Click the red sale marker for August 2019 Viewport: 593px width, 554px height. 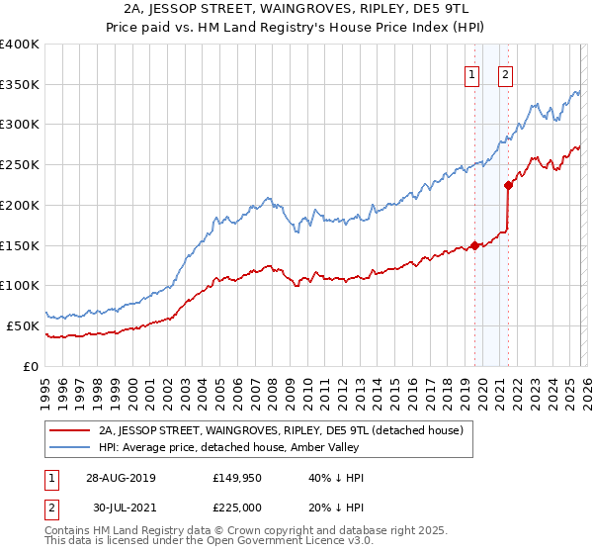pyautogui.click(x=474, y=245)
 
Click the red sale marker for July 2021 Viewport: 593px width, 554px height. pyautogui.click(x=508, y=185)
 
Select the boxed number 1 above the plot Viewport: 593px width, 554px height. pyautogui.click(x=472, y=73)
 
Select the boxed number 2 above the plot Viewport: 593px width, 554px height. pyautogui.click(x=506, y=73)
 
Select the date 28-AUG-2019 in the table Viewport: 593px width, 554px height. pyautogui.click(x=121, y=477)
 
